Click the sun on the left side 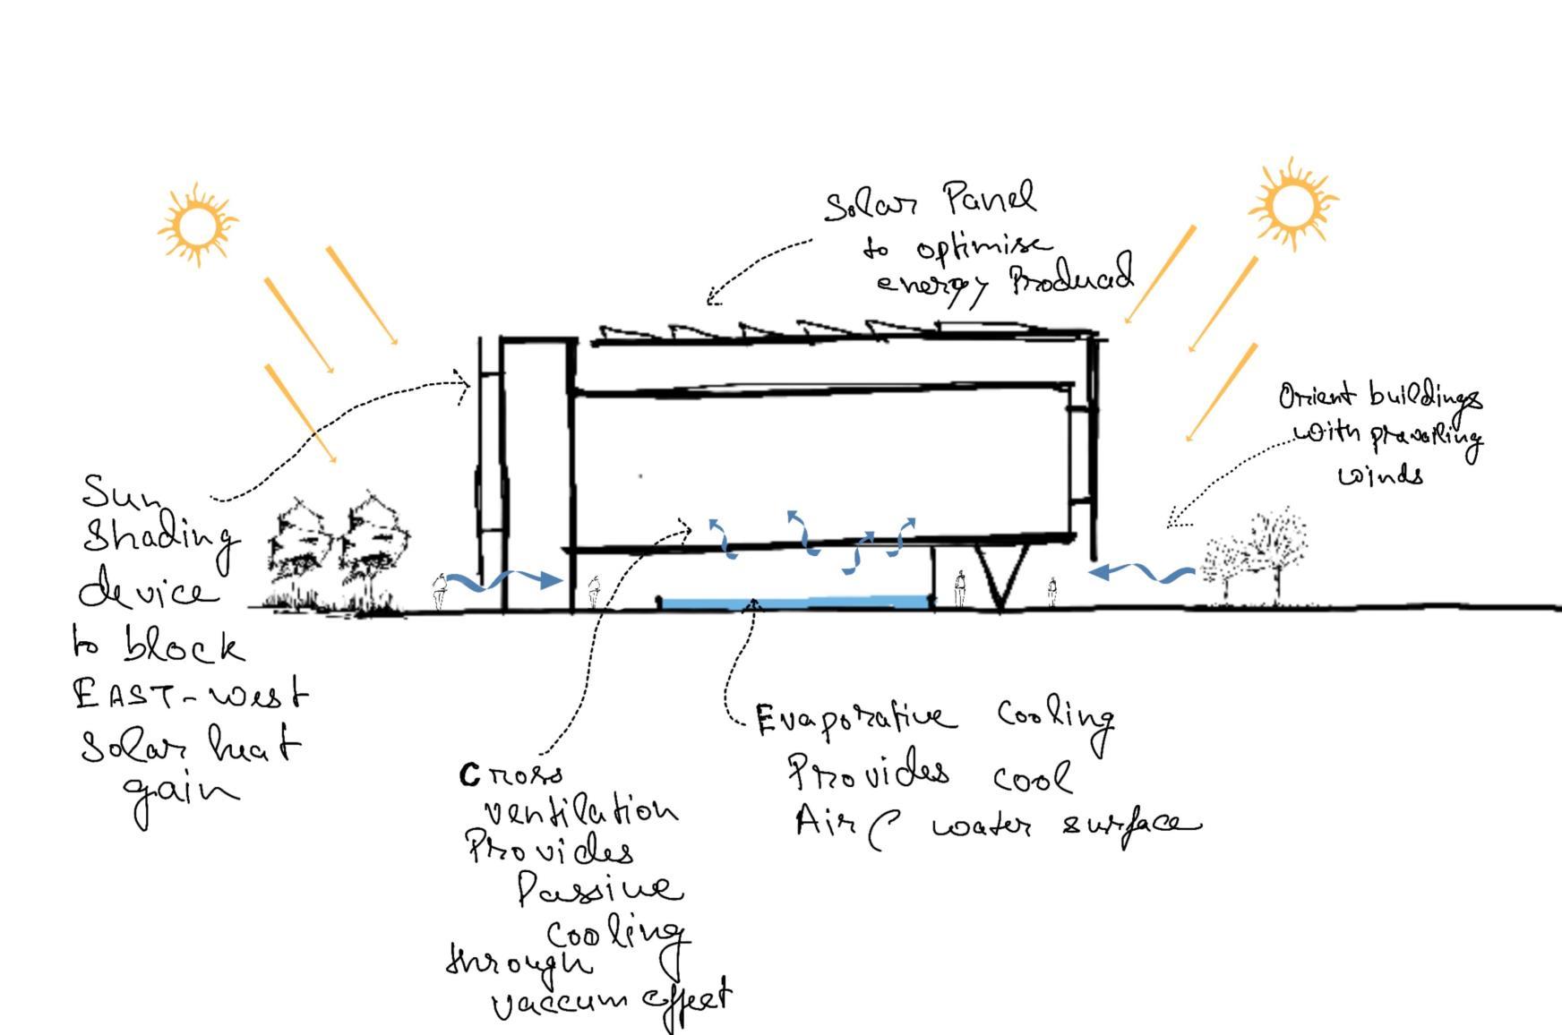[x=198, y=224]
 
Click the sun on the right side [x=1292, y=204]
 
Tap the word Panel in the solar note [x=990, y=199]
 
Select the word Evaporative [x=854, y=719]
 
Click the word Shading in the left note [x=161, y=538]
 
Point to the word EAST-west [x=191, y=695]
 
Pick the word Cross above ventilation [x=512, y=774]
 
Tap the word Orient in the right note [x=1317, y=397]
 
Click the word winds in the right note [x=1380, y=475]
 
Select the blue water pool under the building [x=793, y=603]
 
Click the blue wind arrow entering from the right [x=1142, y=572]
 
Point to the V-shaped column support [x=1000, y=577]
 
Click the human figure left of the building [x=439, y=591]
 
